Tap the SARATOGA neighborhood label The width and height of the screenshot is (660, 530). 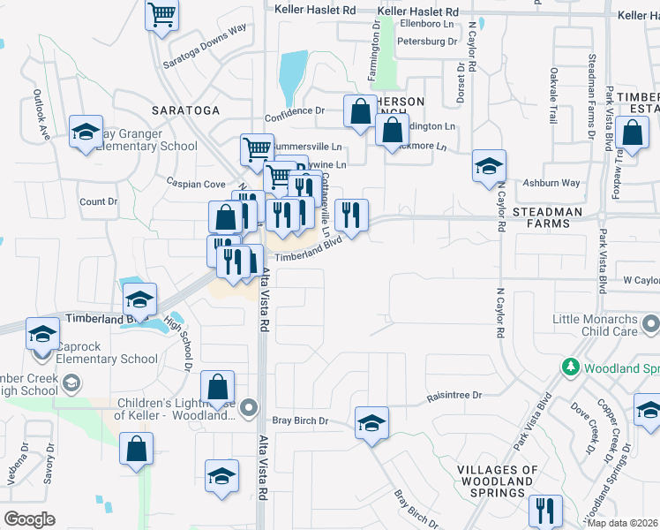point(184,110)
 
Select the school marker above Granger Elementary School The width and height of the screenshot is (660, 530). point(86,132)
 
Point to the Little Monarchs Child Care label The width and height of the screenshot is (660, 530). point(605,324)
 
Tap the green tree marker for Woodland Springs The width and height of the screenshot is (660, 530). point(571,366)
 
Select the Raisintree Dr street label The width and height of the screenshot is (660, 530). point(454,397)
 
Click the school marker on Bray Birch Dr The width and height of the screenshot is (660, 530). point(372,422)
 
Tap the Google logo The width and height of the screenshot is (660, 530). point(30,519)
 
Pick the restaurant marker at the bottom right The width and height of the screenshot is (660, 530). point(545,511)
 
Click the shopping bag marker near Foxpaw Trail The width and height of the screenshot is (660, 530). point(634,133)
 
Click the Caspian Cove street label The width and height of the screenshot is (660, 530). point(196,184)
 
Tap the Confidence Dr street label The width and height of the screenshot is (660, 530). point(296,111)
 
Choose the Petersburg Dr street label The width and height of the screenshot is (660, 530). point(427,42)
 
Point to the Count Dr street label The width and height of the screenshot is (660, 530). point(98,201)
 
